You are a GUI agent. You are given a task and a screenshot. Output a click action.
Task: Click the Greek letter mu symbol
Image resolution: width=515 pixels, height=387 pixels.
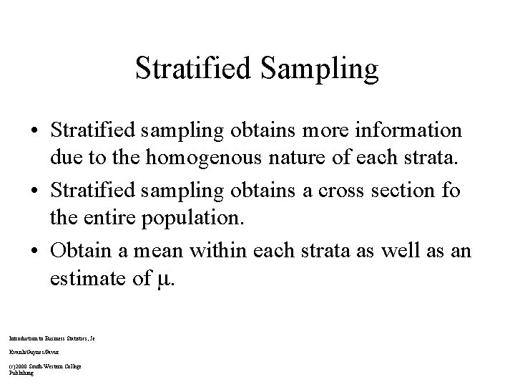163,279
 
